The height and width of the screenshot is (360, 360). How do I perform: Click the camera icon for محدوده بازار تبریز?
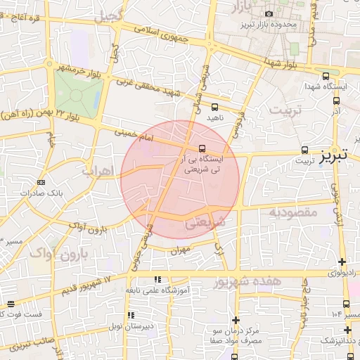coord(269,14)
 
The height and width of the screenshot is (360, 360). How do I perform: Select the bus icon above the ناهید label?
coord(196,108)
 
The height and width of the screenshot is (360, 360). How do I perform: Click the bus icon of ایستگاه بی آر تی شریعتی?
coord(202,148)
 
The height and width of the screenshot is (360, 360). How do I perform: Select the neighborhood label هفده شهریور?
coord(246,283)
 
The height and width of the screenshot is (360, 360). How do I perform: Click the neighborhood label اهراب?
coord(96,171)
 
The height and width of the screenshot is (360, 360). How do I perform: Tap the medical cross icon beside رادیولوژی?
coord(342,262)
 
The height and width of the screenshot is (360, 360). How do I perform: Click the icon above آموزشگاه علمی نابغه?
coord(156,280)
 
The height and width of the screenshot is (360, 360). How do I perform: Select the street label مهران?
coord(180,250)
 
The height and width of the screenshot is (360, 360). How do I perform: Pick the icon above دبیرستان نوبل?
coord(129,316)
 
